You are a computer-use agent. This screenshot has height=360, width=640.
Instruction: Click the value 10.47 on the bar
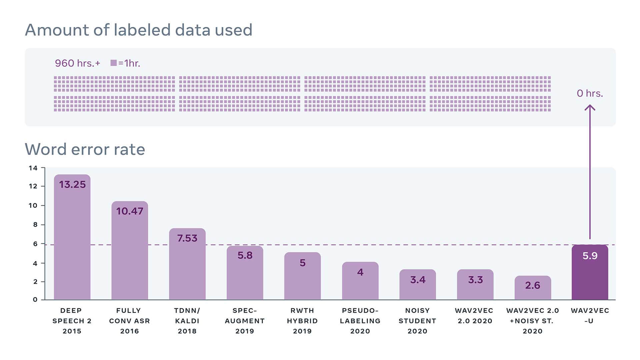(x=130, y=211)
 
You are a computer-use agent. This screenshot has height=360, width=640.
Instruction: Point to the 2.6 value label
(x=532, y=285)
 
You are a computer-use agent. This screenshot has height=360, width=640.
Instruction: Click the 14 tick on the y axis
(x=33, y=168)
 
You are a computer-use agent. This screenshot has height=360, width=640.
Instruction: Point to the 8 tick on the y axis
(x=35, y=225)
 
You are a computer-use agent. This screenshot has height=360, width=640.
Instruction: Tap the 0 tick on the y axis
(x=35, y=299)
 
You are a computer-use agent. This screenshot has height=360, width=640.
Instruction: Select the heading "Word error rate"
(x=85, y=149)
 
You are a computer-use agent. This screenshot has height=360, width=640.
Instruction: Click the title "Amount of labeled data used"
(x=138, y=30)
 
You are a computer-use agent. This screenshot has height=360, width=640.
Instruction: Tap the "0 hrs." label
(x=590, y=93)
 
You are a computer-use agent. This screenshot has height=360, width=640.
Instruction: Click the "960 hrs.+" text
(x=77, y=63)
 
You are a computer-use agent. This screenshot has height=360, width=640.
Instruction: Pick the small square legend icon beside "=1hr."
(x=114, y=63)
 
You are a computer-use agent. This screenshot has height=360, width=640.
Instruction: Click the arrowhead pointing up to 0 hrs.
(x=590, y=108)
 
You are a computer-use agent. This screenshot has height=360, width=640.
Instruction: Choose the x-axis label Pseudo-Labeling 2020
(x=360, y=321)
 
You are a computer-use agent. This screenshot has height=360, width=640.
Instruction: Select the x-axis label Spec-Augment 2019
(x=245, y=321)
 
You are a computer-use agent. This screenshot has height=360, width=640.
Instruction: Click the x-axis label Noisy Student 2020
(x=417, y=321)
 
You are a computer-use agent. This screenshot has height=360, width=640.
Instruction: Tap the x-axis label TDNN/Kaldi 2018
(x=187, y=321)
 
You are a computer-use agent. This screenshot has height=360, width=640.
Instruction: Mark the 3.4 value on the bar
(x=418, y=280)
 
